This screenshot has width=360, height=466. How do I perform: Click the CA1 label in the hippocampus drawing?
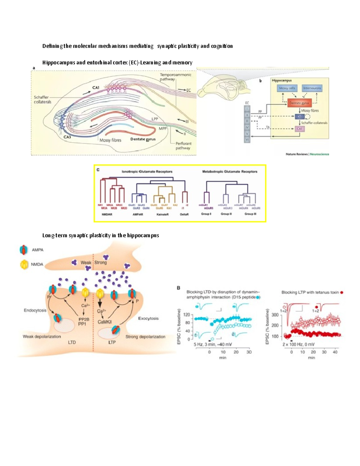coord(95,88)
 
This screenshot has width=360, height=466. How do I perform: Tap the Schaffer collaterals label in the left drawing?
coord(42,100)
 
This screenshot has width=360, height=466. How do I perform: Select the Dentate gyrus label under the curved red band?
coord(143,139)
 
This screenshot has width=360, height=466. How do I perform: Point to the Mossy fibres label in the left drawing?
coord(110,140)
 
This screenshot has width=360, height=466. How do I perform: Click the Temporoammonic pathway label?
coord(175,77)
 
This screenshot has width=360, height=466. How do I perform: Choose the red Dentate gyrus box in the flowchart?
coord(299,103)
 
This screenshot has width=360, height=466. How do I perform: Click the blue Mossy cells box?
coord(287,88)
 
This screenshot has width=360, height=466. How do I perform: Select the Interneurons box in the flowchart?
coord(312,88)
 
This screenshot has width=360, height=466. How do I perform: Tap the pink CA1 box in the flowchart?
coord(299,129)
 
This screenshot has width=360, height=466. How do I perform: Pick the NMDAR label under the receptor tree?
coord(107,215)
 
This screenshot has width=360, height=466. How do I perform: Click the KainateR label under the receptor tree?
coord(163,215)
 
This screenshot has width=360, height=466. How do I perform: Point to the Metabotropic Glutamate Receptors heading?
coord(229,172)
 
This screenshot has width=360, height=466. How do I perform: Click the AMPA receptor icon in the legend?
coord(23,250)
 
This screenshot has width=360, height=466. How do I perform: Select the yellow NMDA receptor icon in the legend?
coord(24,264)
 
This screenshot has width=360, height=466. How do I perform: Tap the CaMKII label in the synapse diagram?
coord(105,322)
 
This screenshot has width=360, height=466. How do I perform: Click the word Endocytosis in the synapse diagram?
coord(35,310)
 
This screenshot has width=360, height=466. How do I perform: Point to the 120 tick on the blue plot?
coord(187,315)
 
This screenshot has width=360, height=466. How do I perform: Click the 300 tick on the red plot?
coord(275,315)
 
